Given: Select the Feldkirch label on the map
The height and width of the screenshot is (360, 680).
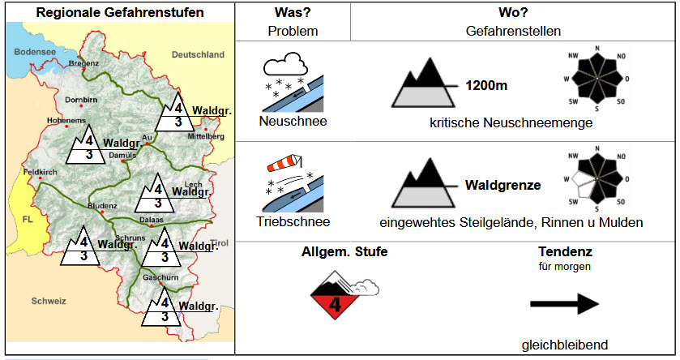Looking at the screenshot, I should tap(39, 172).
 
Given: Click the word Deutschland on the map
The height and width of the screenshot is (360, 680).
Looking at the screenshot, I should tap(198, 54).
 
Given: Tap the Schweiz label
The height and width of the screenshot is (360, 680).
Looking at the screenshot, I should tap(48, 301).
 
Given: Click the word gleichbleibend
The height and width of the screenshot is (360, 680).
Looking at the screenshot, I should tap(564, 345).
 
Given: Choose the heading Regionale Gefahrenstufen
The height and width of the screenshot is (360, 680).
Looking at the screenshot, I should tap(120, 13).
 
